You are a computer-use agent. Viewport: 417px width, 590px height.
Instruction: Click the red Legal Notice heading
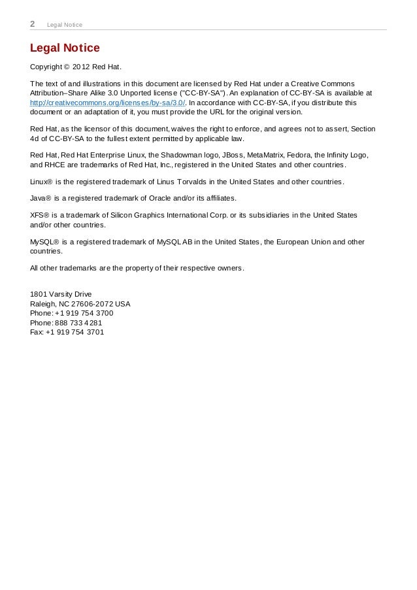tap(65, 48)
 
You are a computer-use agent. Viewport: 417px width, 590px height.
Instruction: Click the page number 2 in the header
tap(33, 24)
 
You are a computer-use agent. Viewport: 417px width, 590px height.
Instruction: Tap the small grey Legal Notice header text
tap(65, 25)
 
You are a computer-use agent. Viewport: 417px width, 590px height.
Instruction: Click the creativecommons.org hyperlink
tap(108, 103)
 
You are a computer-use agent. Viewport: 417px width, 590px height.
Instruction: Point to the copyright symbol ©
tap(65, 67)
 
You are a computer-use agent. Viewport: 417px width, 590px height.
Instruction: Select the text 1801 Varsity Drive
tap(61, 294)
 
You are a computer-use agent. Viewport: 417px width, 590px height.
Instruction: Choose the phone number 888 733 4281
tap(79, 323)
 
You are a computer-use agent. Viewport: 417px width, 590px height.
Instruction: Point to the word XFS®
tap(40, 215)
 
